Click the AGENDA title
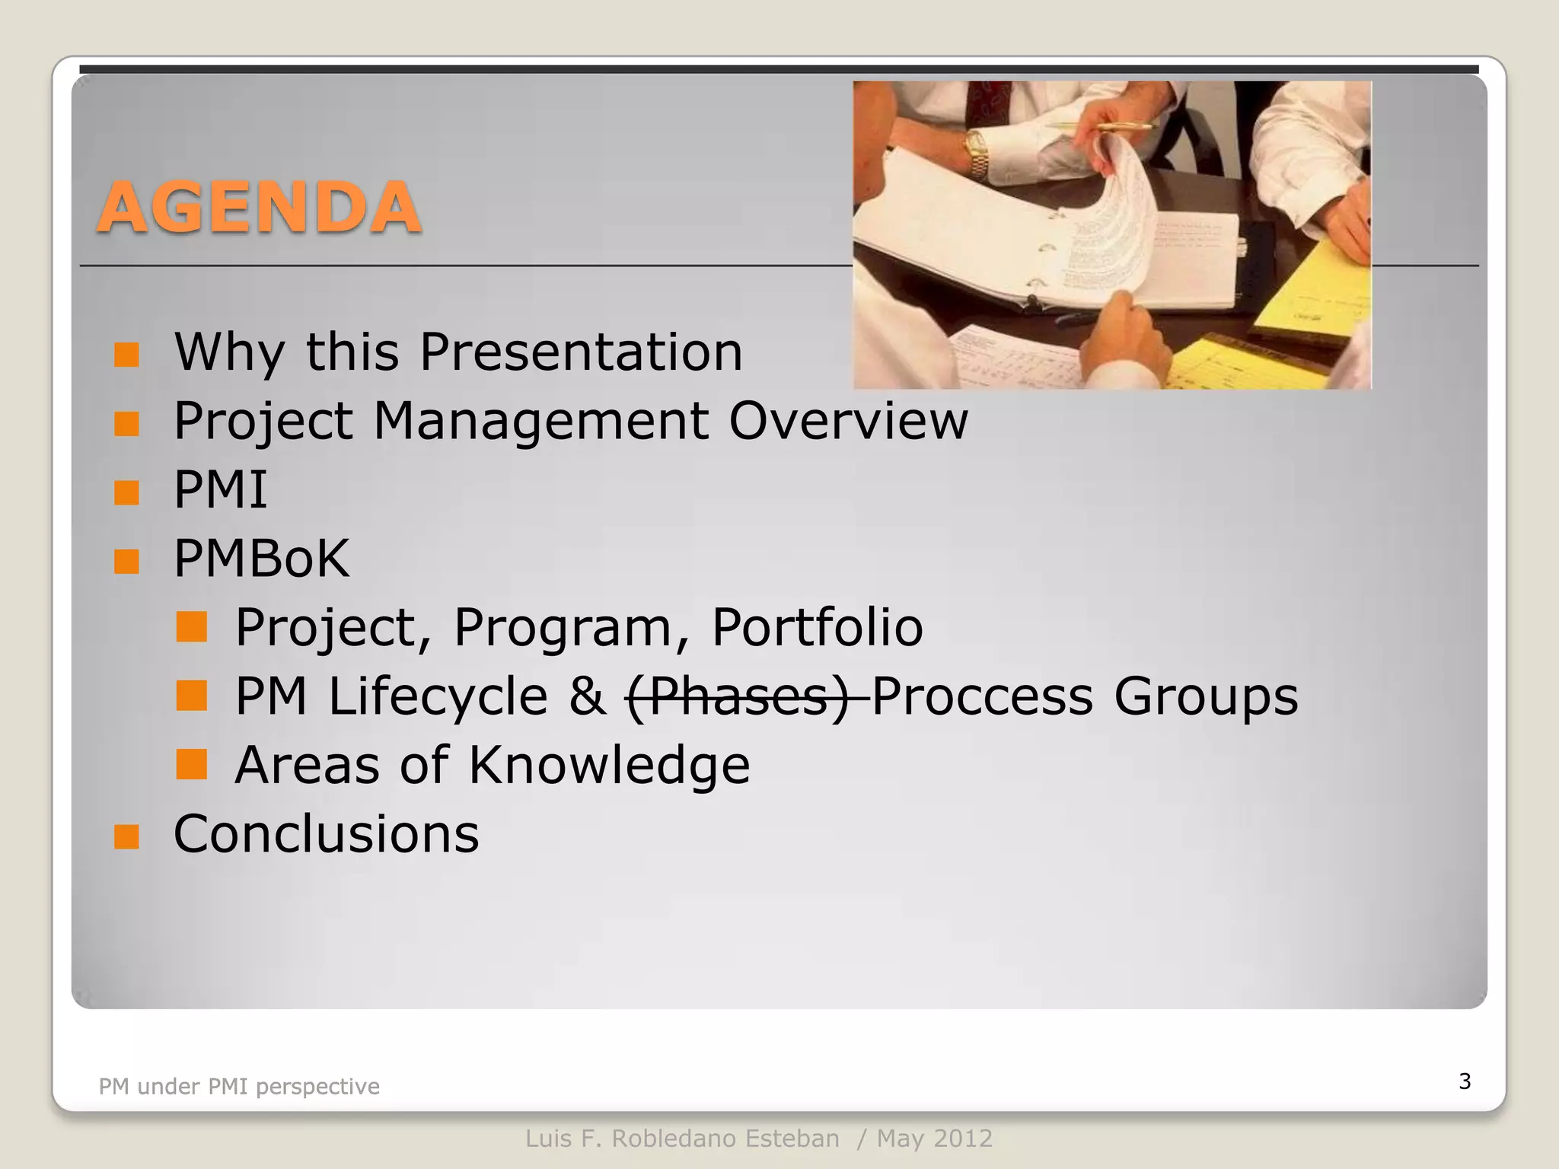259,207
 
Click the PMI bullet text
221,489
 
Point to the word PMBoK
262,559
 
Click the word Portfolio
817,627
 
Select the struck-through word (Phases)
737,696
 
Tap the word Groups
1206,696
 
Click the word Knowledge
609,765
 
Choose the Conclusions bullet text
327,834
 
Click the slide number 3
1465,1081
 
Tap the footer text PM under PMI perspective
239,1087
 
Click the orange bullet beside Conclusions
126,837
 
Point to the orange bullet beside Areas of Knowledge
191,765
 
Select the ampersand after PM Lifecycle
587,696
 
